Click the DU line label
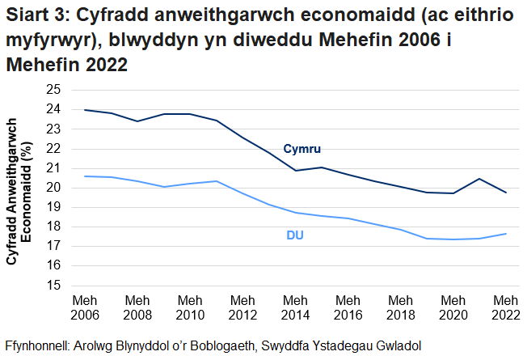tap(295, 235)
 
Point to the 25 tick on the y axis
tap(53, 90)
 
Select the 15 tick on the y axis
tap(53, 286)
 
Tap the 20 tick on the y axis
tap(53, 188)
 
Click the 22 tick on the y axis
tap(53, 149)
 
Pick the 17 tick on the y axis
tap(53, 247)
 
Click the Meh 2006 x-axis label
tap(85, 307)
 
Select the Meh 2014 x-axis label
tap(296, 307)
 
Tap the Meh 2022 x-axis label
tap(506, 307)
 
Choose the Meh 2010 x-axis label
tap(191, 307)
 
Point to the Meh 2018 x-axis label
tap(401, 307)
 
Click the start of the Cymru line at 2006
tap(85, 110)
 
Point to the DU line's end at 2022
tap(506, 234)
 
